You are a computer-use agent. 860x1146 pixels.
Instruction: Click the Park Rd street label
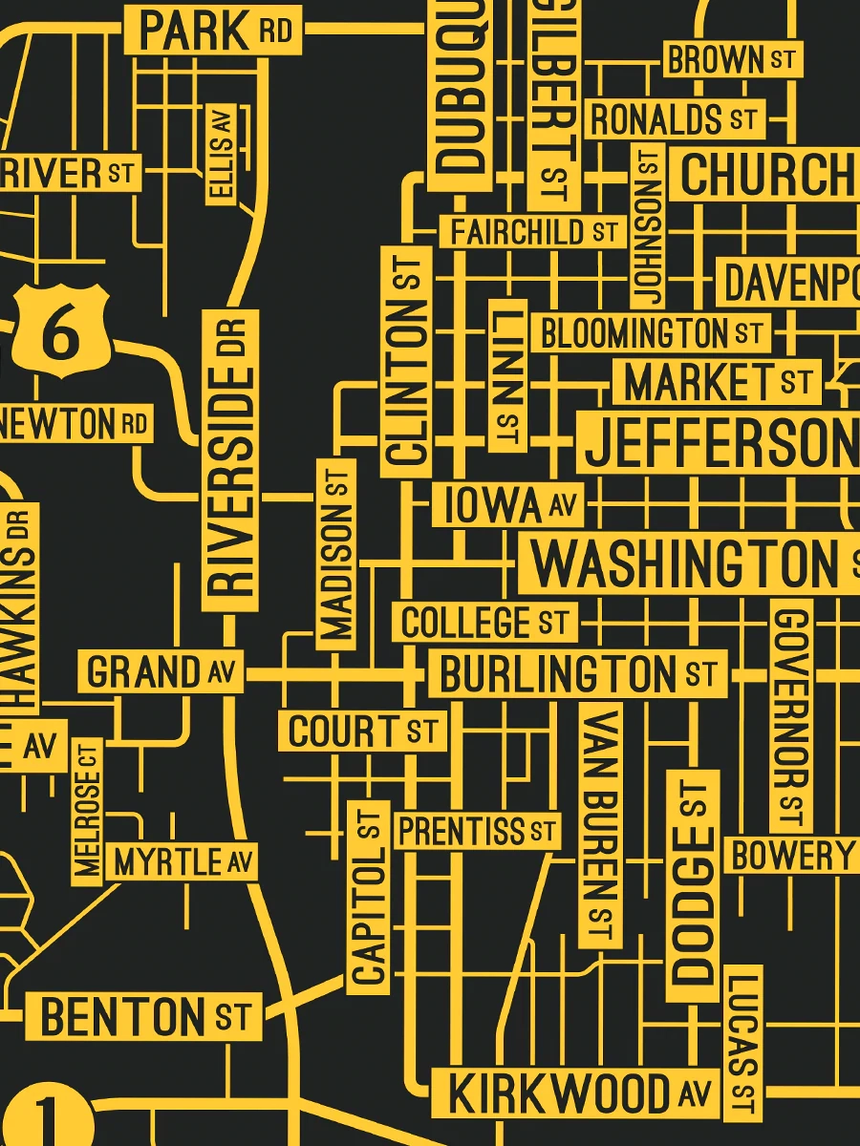click(213, 31)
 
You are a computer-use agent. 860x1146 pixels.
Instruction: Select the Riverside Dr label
click(230, 459)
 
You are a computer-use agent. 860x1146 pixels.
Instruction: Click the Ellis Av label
click(222, 153)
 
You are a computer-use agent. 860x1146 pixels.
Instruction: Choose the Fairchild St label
click(532, 231)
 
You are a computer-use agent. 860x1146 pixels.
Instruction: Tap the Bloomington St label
click(650, 333)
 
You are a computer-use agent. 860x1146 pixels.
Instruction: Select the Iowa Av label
click(507, 505)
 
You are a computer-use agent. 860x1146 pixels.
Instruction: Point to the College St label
click(484, 623)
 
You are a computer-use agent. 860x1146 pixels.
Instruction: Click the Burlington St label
click(577, 674)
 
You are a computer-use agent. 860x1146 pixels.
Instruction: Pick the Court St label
click(363, 732)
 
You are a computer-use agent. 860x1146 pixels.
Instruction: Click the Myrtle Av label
click(183, 862)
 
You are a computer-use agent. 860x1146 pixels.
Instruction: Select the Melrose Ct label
click(87, 812)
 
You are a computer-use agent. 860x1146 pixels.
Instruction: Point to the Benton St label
click(142, 1016)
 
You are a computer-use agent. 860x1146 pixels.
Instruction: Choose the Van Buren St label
click(600, 825)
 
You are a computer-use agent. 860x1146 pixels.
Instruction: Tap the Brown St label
click(730, 59)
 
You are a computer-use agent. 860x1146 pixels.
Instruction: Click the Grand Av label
click(161, 672)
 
